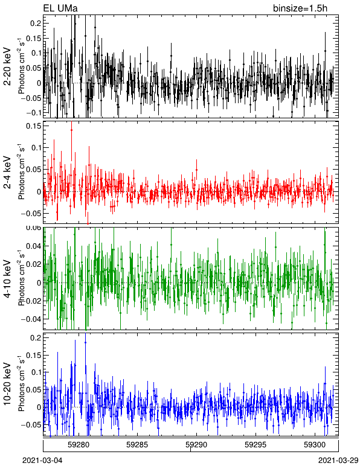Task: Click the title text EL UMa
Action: [60, 8]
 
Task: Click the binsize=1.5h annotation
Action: [300, 8]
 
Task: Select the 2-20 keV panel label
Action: [7, 66]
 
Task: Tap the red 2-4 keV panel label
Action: [7, 173]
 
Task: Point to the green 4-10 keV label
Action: [7, 279]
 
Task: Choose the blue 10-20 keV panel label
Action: [7, 384]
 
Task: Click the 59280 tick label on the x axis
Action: [79, 445]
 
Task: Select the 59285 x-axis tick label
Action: [137, 445]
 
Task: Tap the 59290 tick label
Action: [196, 445]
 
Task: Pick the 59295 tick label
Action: [255, 445]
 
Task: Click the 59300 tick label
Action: [314, 445]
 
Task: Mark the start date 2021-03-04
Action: [42, 461]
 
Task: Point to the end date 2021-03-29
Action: [338, 461]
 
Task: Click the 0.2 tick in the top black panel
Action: [36, 23]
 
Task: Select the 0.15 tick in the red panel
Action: [33, 126]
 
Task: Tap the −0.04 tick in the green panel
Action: [31, 319]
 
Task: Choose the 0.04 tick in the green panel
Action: [33, 246]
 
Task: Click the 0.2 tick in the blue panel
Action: [36, 337]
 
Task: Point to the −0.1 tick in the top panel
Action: [33, 113]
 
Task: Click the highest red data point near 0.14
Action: [71, 130]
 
